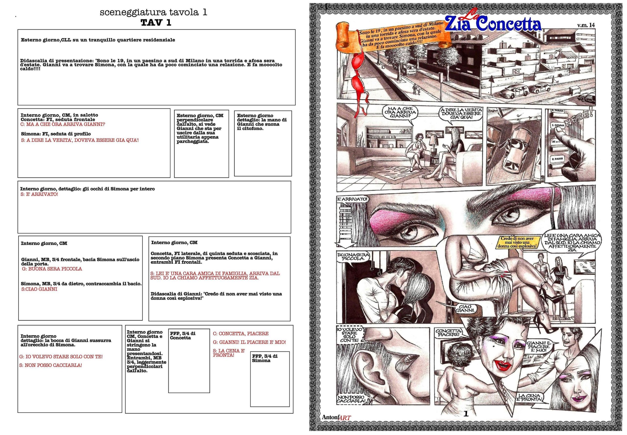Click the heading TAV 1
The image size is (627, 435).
click(156, 23)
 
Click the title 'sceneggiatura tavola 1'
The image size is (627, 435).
click(153, 12)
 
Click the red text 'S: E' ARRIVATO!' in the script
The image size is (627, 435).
click(39, 194)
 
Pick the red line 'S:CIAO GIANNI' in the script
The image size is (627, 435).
click(39, 289)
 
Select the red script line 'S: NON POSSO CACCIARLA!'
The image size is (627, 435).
click(51, 365)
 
